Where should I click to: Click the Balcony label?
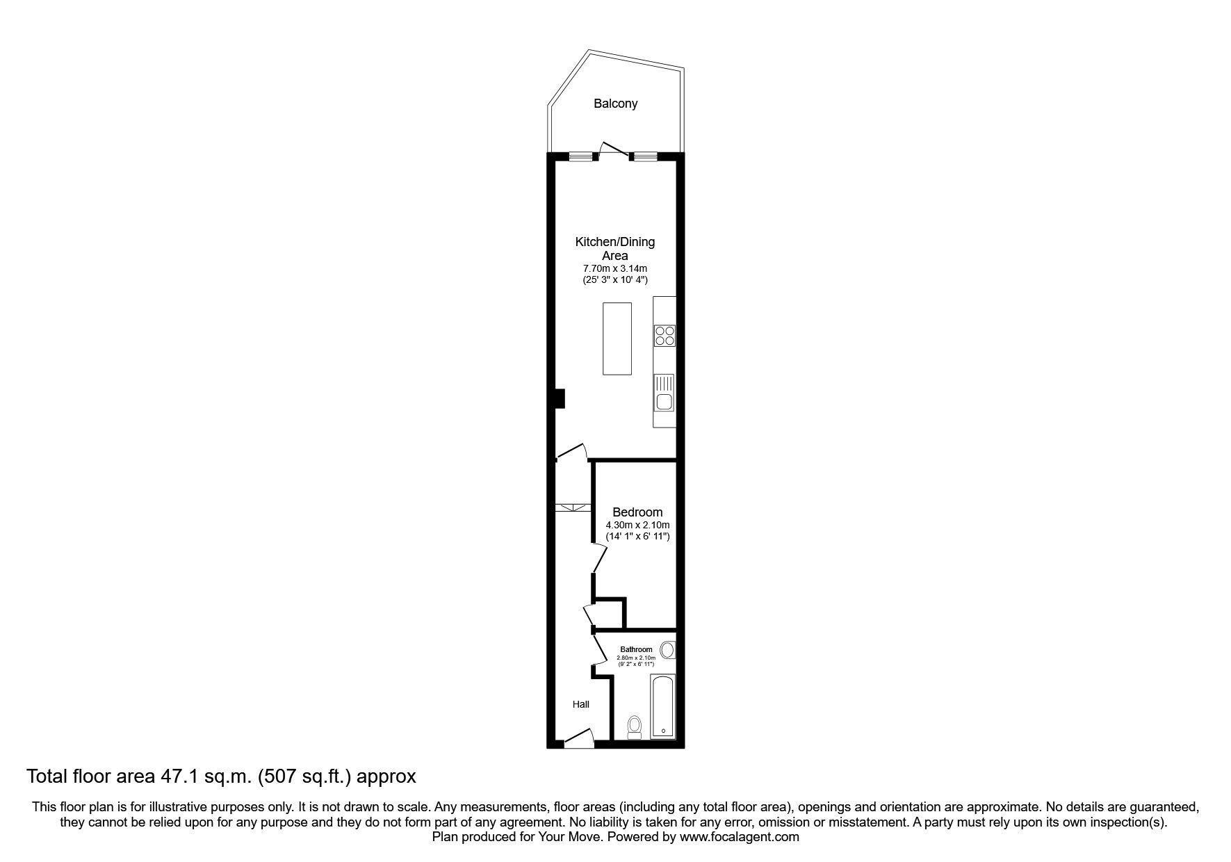pyautogui.click(x=615, y=104)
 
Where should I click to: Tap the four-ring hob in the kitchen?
pyautogui.click(x=664, y=336)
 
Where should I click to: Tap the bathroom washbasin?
pyautogui.click(x=667, y=650)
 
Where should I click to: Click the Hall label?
pyautogui.click(x=581, y=704)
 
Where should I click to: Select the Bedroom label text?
pyautogui.click(x=637, y=512)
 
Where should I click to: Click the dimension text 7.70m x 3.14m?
pyautogui.click(x=615, y=268)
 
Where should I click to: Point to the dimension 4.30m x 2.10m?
pyautogui.click(x=637, y=525)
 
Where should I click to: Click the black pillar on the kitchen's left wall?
pyautogui.click(x=560, y=398)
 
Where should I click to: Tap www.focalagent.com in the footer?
pyautogui.click(x=739, y=837)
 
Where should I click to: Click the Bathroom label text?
pyautogui.click(x=636, y=649)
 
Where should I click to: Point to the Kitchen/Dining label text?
pyautogui.click(x=614, y=242)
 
